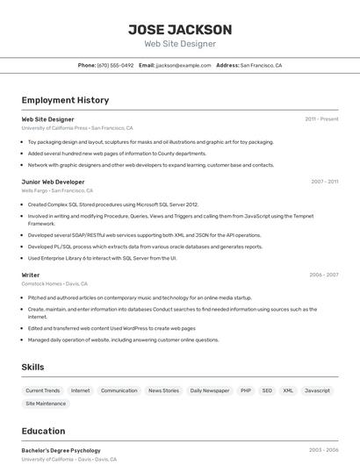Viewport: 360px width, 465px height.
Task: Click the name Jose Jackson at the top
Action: coord(180,29)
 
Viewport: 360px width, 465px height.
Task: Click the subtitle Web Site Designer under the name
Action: coord(180,44)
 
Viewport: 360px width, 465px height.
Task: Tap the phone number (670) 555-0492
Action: coord(115,65)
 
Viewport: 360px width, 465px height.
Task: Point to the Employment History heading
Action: coord(65,100)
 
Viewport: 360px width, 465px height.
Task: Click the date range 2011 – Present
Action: coord(321,119)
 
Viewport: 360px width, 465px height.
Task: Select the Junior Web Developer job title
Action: coord(53,182)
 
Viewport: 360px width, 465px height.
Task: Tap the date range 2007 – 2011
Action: coord(324,182)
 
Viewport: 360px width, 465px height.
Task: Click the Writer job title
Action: coord(31,275)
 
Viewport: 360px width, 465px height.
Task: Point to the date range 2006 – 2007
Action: coord(324,275)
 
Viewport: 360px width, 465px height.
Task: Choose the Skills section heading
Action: coord(32,367)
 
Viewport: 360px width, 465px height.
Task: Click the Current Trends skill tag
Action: coord(43,390)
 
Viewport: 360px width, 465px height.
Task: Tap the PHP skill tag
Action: coord(246,390)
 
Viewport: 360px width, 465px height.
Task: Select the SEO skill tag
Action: coord(267,390)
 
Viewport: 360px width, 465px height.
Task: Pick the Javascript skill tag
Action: coord(317,390)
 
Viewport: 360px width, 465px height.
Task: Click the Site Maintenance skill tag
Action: coord(46,404)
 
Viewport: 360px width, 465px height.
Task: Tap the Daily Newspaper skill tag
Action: coord(209,390)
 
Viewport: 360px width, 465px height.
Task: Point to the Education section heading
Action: coord(43,431)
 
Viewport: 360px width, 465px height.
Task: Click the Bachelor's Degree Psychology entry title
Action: coord(61,450)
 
